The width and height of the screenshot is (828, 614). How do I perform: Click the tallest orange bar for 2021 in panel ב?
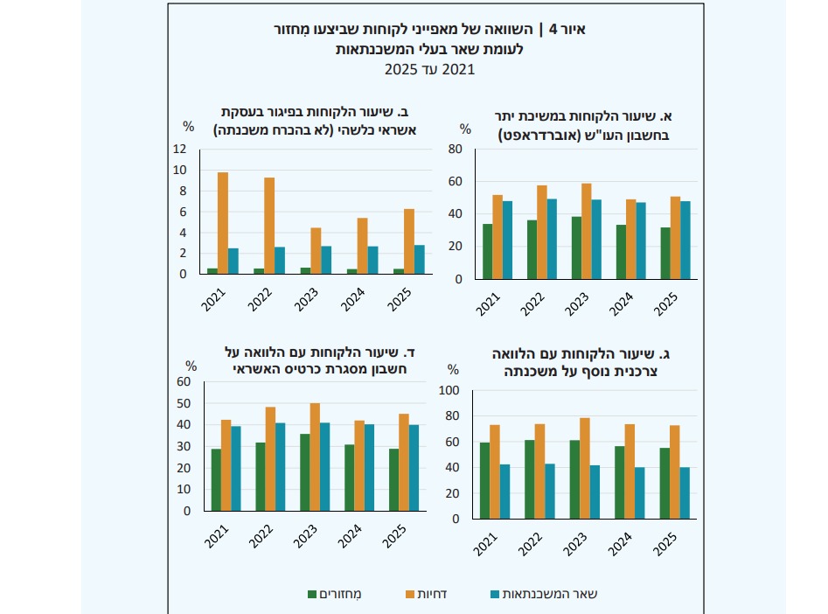[223, 223]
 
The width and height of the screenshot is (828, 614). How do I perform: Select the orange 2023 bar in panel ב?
[316, 251]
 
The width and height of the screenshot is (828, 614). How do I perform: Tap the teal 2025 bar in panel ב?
[420, 260]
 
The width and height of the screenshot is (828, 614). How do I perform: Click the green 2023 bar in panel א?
[576, 248]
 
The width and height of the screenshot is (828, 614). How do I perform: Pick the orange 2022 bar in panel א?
[541, 232]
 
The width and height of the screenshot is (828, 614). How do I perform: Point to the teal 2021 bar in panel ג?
[505, 492]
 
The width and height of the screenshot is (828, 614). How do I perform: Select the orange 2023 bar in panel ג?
[586, 468]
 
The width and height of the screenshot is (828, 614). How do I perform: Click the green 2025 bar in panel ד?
[393, 479]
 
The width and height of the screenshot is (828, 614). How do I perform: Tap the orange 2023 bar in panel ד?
[315, 457]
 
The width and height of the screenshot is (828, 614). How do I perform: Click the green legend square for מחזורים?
[312, 595]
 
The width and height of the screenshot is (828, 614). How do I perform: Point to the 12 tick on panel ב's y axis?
[179, 149]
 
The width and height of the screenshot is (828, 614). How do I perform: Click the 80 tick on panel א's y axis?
[455, 150]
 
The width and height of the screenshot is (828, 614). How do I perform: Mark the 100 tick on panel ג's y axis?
[452, 391]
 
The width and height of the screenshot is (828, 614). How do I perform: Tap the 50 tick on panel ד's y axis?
[184, 403]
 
